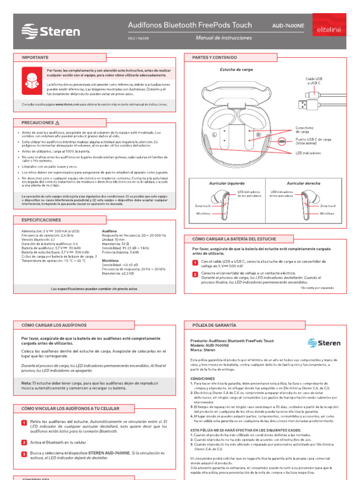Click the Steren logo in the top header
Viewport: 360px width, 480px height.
tap(51, 31)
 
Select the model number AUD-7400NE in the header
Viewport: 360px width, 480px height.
tap(288, 25)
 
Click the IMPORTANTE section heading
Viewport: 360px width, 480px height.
tap(35, 57)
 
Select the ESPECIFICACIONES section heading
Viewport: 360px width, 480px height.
tap(41, 220)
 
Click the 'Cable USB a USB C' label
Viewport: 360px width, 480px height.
tap(314, 81)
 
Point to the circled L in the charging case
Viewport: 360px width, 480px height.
tap(215, 134)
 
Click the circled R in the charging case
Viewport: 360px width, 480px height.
tap(258, 134)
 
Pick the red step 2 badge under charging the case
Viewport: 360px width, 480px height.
tap(195, 274)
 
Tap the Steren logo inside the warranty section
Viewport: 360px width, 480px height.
tap(324, 343)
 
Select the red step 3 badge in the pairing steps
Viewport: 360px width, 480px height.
tap(24, 454)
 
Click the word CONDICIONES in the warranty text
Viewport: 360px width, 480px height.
tap(202, 378)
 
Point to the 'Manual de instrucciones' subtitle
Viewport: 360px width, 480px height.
tap(224, 38)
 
